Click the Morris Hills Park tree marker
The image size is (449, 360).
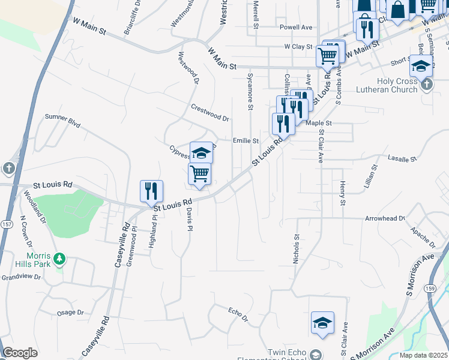tap(59, 259)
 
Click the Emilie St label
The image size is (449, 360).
tap(246, 141)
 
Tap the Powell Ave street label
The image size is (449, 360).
tap(296, 28)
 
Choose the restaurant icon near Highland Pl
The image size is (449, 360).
tap(151, 191)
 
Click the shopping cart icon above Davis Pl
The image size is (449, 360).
tap(199, 174)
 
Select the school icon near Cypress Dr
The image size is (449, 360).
tap(202, 152)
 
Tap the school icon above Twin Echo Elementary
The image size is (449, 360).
tap(322, 323)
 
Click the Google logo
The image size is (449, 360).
tap(20, 353)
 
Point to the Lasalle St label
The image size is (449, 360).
tap(402, 159)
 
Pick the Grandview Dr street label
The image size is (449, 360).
tap(20, 277)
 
